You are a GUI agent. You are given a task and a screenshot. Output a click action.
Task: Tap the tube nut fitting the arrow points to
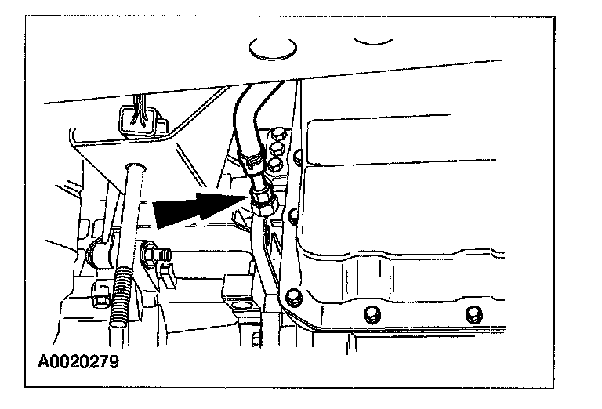261,201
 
